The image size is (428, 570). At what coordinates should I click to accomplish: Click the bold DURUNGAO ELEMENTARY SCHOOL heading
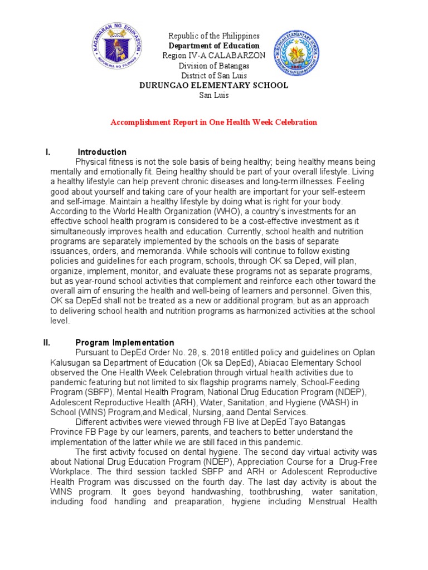tap(214, 85)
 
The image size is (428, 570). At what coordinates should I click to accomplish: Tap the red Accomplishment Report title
tap(214, 122)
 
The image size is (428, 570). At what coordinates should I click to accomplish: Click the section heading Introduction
tap(102, 152)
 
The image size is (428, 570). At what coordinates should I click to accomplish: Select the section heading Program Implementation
tap(125, 343)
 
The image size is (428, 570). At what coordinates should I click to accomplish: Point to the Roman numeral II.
tap(47, 343)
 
